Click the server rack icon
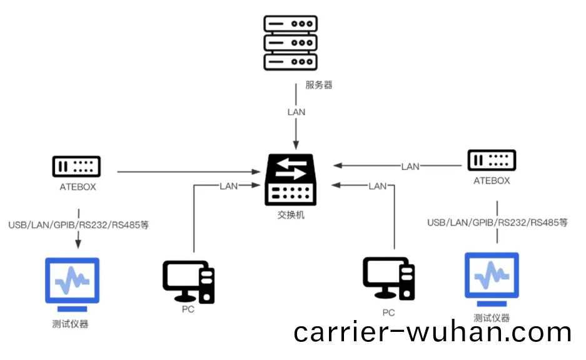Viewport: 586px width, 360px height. tap(291, 42)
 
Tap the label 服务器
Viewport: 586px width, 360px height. tap(319, 85)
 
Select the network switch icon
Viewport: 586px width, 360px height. tap(291, 179)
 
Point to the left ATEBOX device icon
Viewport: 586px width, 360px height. tap(76, 166)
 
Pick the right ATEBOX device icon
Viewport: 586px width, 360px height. tap(492, 160)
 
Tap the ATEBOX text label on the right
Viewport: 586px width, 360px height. tap(492, 181)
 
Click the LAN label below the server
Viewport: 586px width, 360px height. tap(296, 112)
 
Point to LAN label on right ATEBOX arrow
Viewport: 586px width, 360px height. tap(410, 166)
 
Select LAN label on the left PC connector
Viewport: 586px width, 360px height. tap(228, 186)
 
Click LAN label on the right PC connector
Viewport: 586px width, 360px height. tap(378, 186)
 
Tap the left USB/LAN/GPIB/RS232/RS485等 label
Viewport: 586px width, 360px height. tap(79, 224)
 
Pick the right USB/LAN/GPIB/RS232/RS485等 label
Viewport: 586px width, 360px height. tap(498, 222)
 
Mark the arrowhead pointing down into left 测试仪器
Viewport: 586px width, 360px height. tap(79, 243)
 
